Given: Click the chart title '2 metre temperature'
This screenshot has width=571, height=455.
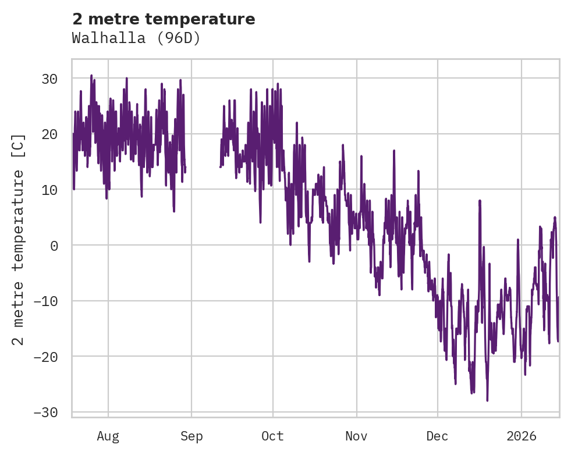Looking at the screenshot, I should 164,19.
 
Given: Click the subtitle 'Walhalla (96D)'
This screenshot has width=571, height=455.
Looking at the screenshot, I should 136,38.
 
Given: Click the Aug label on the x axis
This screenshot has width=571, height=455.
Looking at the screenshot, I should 108,435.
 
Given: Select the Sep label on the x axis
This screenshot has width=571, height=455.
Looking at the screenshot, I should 191,435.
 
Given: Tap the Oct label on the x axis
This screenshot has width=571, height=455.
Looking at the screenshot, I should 272,435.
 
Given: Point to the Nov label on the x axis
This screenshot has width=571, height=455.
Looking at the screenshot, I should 356,435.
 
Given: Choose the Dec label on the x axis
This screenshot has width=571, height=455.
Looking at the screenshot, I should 437,435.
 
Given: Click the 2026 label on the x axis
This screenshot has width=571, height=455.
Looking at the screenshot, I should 521,435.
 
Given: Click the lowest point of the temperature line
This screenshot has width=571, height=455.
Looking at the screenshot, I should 487,400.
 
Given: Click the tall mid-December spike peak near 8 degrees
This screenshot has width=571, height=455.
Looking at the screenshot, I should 480,201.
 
